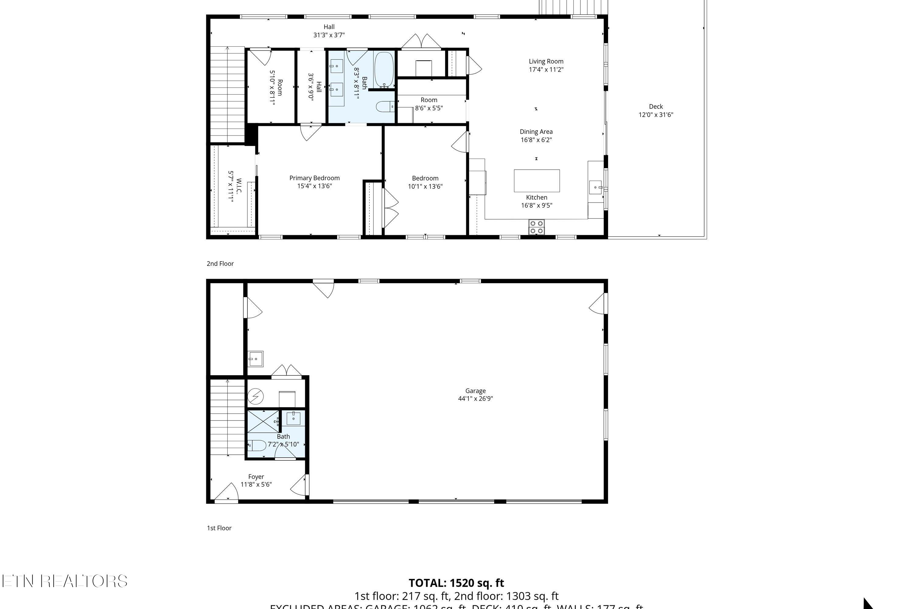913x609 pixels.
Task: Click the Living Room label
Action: (546, 62)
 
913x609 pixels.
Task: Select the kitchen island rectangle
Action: (537, 181)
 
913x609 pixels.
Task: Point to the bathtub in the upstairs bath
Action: (384, 69)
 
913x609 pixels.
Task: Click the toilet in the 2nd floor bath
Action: (385, 106)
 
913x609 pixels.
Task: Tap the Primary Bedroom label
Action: (314, 178)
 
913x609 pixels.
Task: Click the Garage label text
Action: (475, 391)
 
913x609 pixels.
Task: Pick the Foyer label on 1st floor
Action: (256, 477)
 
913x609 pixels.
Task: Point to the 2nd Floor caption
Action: (220, 264)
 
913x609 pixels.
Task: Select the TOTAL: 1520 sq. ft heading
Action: (456, 583)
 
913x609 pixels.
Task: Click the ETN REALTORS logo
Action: (65, 581)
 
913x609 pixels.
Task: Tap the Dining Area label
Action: (536, 132)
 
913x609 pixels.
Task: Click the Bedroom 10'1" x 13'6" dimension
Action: (425, 186)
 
